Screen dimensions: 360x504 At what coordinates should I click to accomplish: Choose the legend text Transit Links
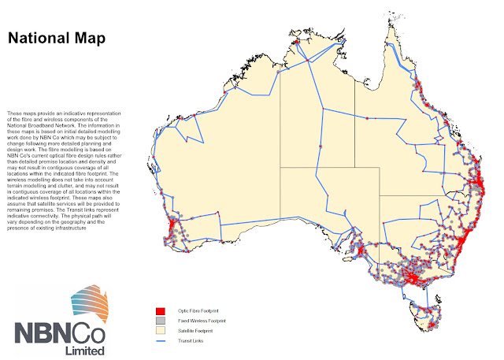[x=189, y=339]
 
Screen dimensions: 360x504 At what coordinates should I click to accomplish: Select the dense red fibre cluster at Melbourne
[x=416, y=278]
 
